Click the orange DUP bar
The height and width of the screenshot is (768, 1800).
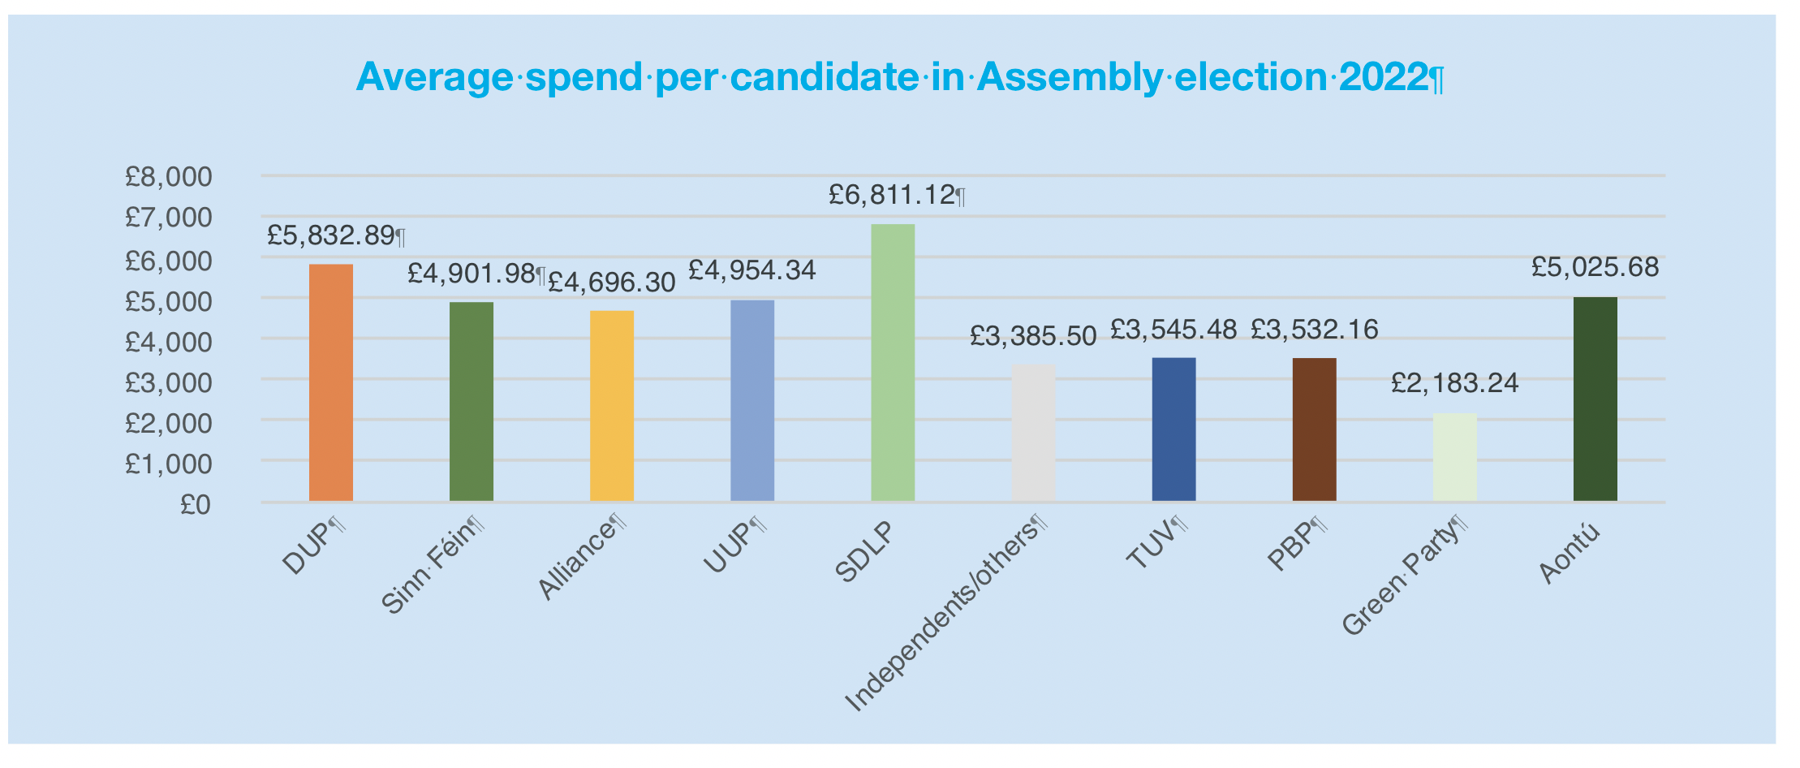pos(331,382)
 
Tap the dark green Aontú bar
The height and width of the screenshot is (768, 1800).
pos(1595,399)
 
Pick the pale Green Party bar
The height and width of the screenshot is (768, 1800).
pos(1454,457)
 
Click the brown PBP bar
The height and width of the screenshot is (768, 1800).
pos(1314,429)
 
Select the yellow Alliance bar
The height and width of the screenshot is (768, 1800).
pos(612,406)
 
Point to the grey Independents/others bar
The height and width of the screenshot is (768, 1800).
pos(1033,433)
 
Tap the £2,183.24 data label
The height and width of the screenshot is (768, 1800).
pos(1454,382)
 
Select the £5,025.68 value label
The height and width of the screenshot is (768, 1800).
pos(1595,267)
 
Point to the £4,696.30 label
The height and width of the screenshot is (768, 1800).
pos(612,283)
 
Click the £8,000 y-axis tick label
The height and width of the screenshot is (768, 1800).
pos(168,176)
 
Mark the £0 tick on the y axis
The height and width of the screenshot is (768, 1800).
pos(195,505)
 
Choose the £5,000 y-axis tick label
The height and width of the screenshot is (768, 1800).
pos(168,301)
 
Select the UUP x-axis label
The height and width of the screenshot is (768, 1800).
pos(734,548)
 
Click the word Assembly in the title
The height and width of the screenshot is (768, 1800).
pos(1070,78)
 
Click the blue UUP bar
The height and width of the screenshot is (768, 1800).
pos(752,400)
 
